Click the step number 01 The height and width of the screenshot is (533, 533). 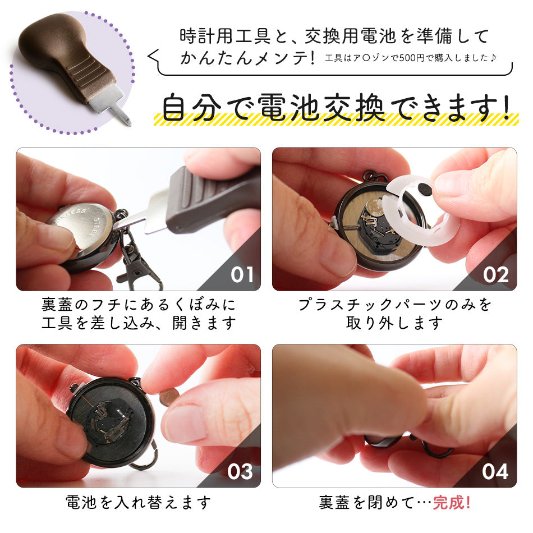coord(242,275)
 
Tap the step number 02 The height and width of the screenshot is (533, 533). coord(496,275)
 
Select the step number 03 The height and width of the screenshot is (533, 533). coord(240,471)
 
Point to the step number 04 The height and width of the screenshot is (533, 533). coord(495,471)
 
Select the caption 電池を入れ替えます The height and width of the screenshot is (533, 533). coord(139,502)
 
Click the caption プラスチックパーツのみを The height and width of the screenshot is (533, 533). coord(394,305)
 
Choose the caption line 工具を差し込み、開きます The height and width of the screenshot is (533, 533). coord(139,323)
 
